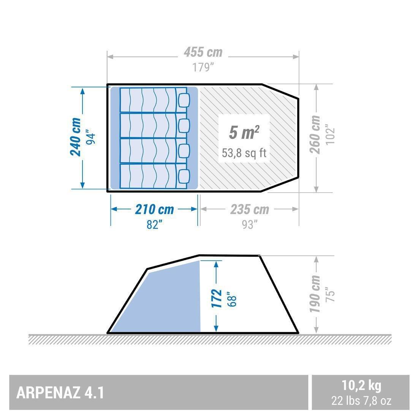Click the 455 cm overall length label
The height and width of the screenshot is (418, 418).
[x=203, y=52]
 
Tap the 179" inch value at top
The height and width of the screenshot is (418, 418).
[x=203, y=67]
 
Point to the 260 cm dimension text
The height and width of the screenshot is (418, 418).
[x=315, y=135]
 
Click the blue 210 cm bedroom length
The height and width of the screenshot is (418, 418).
[x=154, y=209]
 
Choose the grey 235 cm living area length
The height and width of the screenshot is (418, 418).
[x=249, y=209]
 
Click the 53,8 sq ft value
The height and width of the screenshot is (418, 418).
[x=244, y=153]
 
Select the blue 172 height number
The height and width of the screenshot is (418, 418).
[x=216, y=298]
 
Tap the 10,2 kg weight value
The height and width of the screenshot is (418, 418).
[x=361, y=386]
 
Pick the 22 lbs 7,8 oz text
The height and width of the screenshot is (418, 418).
[x=361, y=400]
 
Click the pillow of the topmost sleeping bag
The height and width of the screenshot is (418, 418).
[x=184, y=100]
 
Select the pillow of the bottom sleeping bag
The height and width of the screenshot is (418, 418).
[x=184, y=176]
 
